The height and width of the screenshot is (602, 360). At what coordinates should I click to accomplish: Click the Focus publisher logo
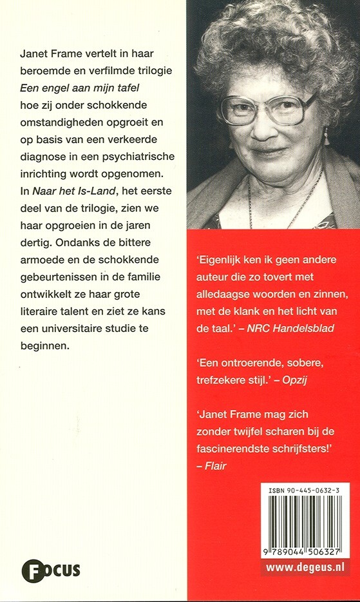(51, 570)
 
